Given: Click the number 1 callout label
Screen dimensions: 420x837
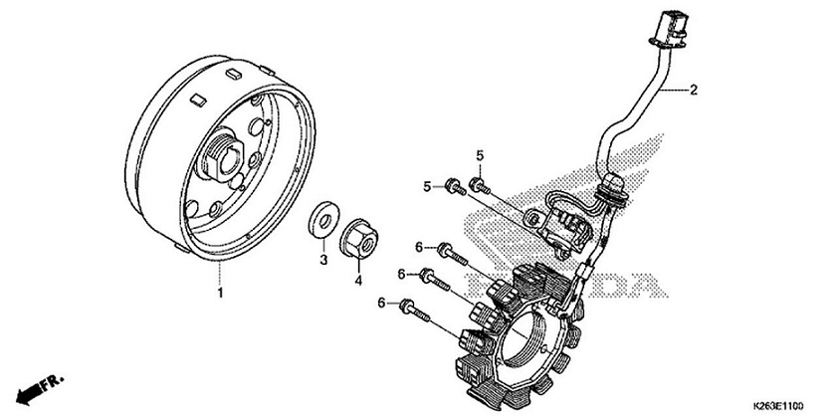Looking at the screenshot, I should (220, 294).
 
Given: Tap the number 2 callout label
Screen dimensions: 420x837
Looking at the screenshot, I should (694, 90).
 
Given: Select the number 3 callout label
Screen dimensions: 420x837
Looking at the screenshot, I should (322, 261).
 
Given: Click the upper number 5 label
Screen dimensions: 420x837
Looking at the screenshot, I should (479, 154).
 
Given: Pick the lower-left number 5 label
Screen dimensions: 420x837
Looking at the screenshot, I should (456, 186).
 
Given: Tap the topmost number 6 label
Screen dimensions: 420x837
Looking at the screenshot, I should (420, 247).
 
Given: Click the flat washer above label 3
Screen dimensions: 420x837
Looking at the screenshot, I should (322, 220).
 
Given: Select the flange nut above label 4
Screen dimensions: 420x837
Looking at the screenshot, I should (359, 240).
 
